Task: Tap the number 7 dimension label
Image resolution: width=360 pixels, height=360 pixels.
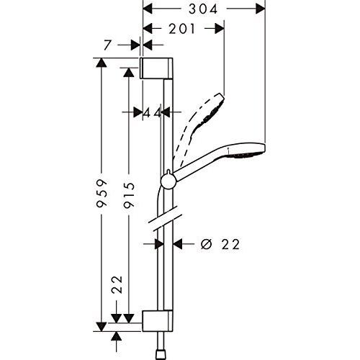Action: click(x=107, y=45)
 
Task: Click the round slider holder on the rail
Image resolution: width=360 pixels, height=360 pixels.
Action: click(x=167, y=179)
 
